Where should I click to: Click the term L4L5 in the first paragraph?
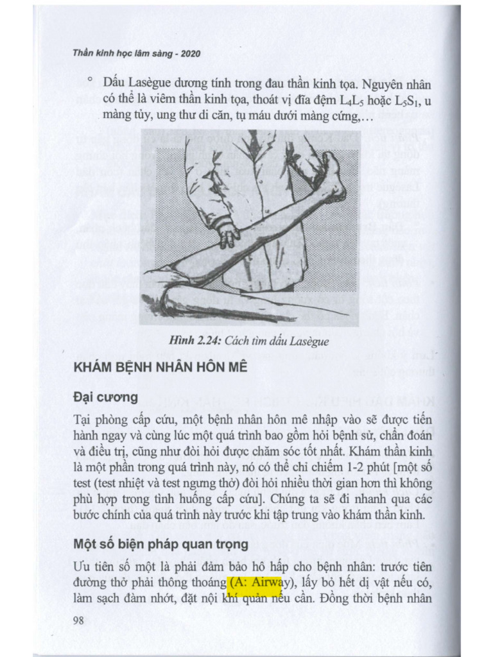346,100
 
